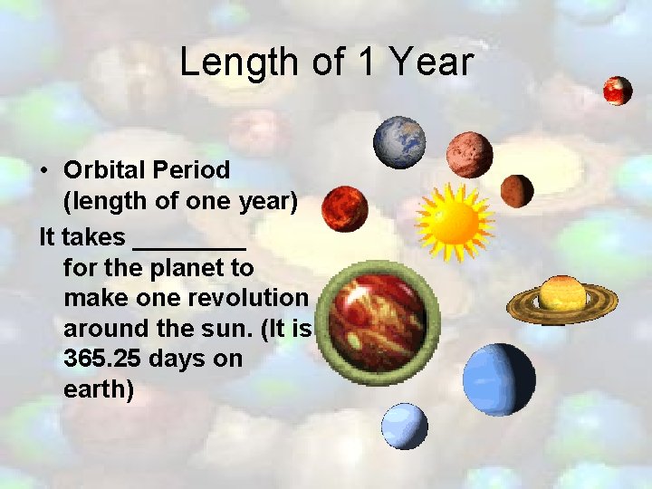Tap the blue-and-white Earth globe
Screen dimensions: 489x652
[399, 142]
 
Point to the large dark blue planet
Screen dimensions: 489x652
[499, 379]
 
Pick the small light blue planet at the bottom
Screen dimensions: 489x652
[404, 426]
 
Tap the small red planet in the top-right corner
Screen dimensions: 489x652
[618, 91]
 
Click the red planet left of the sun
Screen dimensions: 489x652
[345, 209]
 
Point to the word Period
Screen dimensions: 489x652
[192, 169]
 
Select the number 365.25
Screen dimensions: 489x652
[101, 358]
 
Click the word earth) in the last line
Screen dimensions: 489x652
[99, 389]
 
